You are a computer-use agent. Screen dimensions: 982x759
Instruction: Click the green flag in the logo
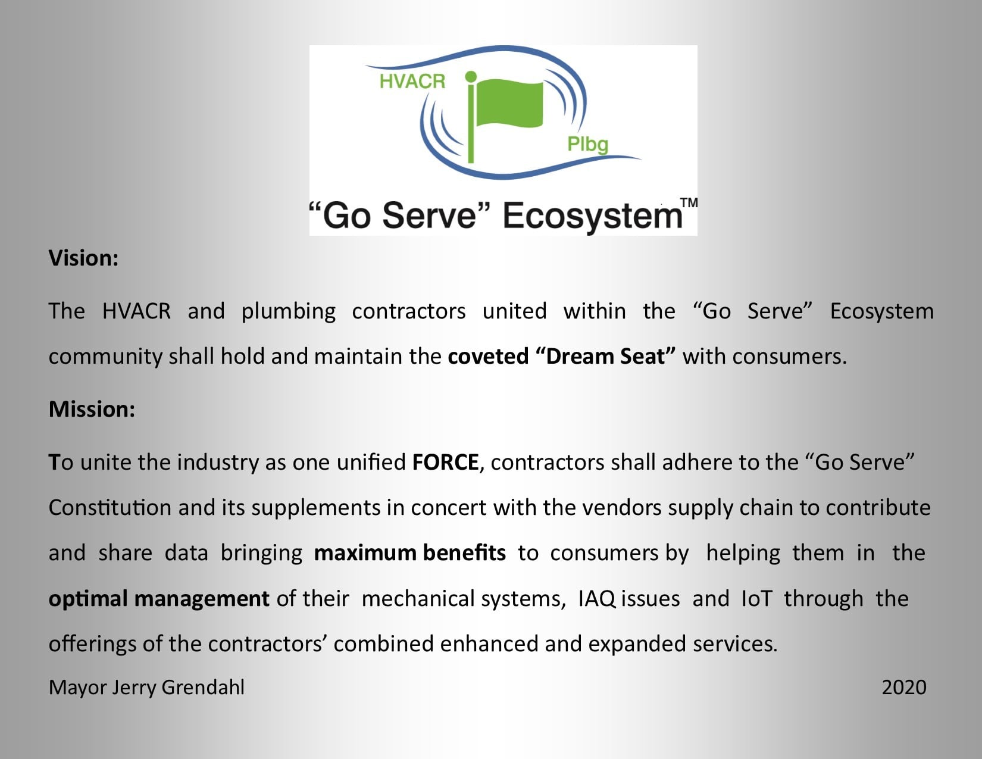tap(510, 103)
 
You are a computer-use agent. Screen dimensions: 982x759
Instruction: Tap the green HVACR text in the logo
tap(412, 82)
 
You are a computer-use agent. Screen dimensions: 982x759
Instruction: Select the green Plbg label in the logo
tap(587, 145)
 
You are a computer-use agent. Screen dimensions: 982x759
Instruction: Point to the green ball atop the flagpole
tap(471, 76)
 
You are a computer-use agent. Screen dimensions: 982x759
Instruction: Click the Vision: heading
tap(83, 258)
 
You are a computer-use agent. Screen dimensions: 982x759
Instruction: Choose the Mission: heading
tap(92, 409)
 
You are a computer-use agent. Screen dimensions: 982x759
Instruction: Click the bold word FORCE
tap(445, 462)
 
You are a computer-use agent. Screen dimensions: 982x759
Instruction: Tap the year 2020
tap(904, 687)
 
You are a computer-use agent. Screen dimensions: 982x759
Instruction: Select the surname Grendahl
tap(203, 687)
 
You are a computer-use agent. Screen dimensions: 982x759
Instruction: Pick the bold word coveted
tap(488, 356)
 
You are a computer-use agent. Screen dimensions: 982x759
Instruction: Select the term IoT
tap(757, 598)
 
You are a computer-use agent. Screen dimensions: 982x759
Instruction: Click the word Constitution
tap(110, 508)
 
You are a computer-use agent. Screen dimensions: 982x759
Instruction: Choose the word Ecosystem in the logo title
tap(592, 215)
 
